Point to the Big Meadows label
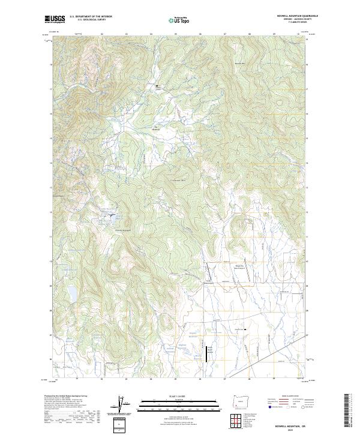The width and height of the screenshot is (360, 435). coord(159,127)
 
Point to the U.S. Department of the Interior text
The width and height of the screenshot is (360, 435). coord(91,17)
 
